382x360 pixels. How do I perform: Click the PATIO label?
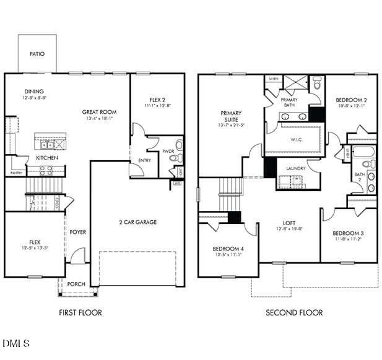tap(37, 54)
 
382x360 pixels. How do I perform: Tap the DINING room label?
tap(34, 92)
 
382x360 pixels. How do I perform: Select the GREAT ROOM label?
tap(99, 112)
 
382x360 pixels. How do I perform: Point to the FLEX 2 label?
tap(158, 100)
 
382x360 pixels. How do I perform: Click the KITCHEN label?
tap(46, 158)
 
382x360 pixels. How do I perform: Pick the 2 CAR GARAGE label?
tap(137, 222)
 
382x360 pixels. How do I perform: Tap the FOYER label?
tap(77, 232)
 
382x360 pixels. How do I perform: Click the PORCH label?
tap(76, 284)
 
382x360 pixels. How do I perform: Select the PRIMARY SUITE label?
tap(230, 117)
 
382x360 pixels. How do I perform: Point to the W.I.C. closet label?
tap(295, 139)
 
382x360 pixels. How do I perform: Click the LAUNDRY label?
tap(296, 168)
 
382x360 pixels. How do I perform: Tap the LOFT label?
tap(289, 223)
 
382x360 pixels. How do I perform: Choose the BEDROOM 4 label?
tap(228, 249)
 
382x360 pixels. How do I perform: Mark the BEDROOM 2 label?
tap(351, 100)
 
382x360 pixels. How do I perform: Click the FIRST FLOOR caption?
tap(80, 312)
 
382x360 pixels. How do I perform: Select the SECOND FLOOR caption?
tap(294, 312)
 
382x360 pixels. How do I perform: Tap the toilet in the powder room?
tap(178, 145)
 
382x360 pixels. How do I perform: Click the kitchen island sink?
tap(46, 145)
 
